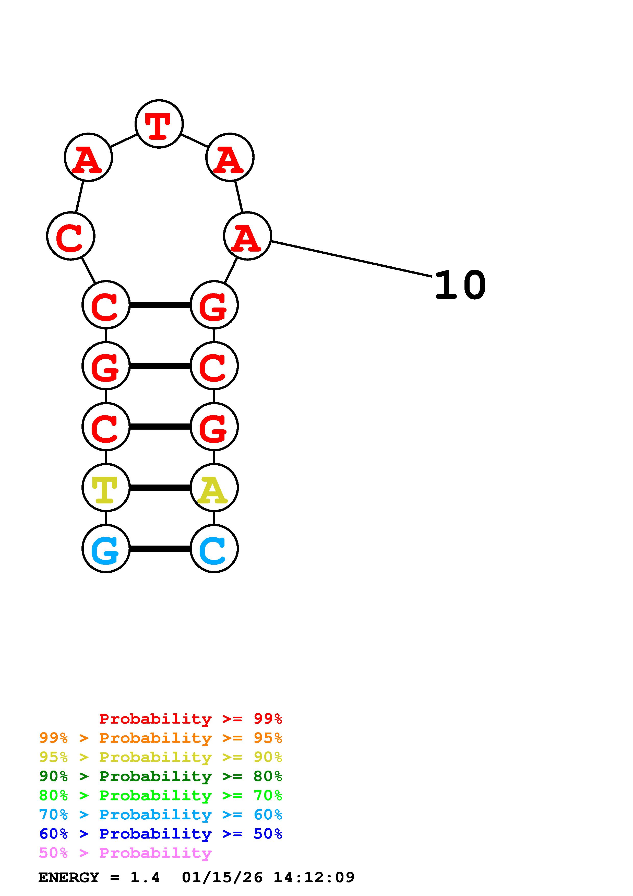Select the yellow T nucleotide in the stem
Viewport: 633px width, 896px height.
coord(106,488)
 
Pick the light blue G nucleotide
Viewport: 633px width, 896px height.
coord(106,549)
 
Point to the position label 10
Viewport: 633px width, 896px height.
coord(460,285)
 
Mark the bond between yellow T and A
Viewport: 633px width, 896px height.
coord(160,488)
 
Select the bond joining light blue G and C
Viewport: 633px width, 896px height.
coord(160,549)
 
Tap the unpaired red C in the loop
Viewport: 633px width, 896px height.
coord(70,236)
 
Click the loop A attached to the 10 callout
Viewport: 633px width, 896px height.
coord(247,236)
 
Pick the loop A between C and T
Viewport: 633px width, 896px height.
coord(88,157)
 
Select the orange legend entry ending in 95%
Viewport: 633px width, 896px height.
coord(161,738)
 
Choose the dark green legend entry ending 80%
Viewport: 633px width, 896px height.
coord(161,776)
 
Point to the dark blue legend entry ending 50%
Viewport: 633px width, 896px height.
coord(161,834)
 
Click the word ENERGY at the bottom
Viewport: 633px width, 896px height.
coord(69,878)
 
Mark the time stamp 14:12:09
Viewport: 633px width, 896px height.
coord(314,878)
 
